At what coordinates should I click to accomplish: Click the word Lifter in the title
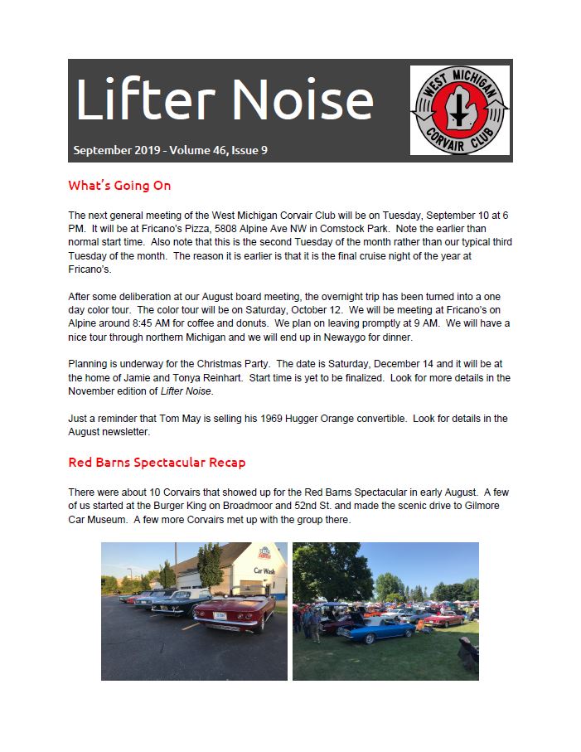[141, 99]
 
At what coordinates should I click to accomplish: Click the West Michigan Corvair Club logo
[459, 109]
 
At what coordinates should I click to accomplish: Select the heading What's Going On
[119, 185]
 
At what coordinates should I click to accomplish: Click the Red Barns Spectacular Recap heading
[157, 462]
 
